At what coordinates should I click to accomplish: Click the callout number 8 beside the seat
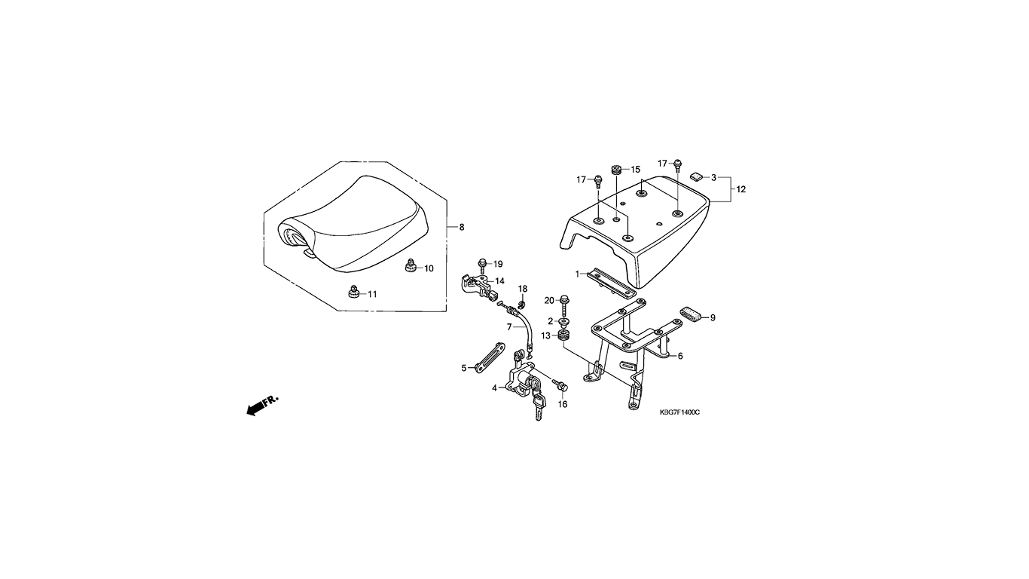coord(462,227)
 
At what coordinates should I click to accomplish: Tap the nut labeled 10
coord(411,265)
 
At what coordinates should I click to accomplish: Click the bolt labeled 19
coord(482,265)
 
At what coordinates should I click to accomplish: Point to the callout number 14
coord(499,281)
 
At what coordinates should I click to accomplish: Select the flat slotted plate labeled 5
coord(489,357)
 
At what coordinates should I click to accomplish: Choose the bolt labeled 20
coord(564,305)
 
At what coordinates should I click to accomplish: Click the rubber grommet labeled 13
coord(563,335)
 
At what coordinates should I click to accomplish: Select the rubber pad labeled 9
coord(690,314)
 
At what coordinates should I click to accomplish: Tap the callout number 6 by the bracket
coord(680,356)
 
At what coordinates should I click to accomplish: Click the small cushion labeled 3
coord(697,176)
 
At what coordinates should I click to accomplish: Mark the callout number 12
coord(741,189)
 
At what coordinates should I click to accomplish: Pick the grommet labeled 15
coord(616,170)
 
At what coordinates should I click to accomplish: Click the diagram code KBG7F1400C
coord(679,412)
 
